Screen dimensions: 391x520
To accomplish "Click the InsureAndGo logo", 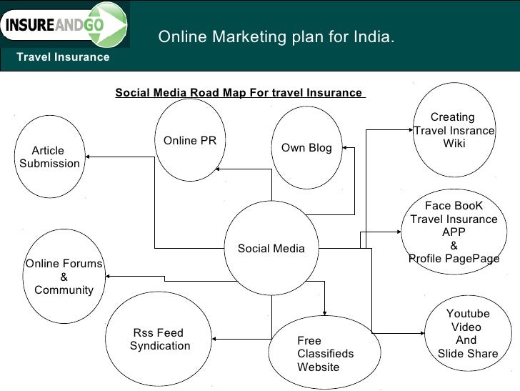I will tap(64, 25).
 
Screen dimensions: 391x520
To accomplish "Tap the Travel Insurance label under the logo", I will tap(64, 56).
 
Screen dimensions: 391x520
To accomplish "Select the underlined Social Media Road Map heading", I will tap(239, 93).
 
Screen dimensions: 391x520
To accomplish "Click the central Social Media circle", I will tap(271, 248).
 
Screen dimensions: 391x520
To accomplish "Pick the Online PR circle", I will tap(189, 140).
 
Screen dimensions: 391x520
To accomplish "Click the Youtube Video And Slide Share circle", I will tap(467, 333).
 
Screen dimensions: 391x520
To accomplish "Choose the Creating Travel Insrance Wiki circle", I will tap(454, 130).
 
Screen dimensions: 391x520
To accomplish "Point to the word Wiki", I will tap(454, 144).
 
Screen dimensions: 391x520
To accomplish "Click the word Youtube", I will tap(467, 313).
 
